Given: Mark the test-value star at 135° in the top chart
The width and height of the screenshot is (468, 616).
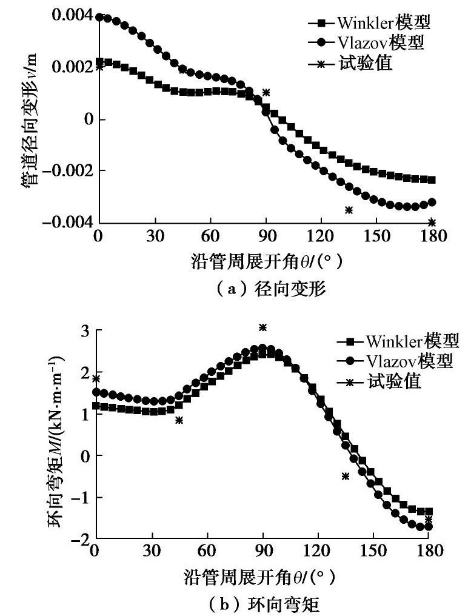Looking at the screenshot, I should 349,210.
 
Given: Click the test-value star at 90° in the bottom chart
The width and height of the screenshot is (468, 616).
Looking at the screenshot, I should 263,327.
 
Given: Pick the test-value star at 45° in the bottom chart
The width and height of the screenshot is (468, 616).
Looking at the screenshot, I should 179,420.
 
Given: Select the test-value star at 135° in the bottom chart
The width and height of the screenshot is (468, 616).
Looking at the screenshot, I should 346,476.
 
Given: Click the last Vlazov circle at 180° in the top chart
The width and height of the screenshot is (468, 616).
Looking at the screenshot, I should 432,202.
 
